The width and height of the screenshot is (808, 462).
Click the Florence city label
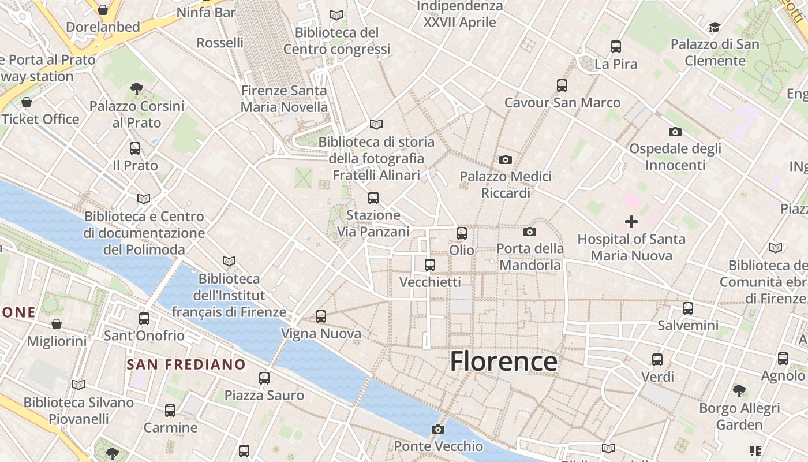(x=503, y=362)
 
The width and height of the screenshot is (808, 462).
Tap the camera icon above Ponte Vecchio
(x=438, y=429)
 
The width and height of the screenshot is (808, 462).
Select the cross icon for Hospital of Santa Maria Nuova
(x=631, y=221)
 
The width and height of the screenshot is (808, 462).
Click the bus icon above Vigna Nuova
(x=321, y=316)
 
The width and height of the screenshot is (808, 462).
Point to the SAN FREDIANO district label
(x=186, y=364)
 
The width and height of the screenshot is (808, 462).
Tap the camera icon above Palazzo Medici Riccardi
(x=506, y=159)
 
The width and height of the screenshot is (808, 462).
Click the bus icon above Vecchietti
(x=430, y=265)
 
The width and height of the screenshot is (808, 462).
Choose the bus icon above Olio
(x=462, y=233)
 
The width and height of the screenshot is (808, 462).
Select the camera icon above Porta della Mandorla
(x=530, y=232)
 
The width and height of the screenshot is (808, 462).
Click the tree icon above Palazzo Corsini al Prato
(x=137, y=89)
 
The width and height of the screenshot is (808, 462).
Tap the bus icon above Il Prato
(x=135, y=148)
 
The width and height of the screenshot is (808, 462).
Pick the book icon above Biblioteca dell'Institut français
(x=229, y=262)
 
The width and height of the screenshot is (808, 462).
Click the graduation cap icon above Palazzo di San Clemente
(x=715, y=27)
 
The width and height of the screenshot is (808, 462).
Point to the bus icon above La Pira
(x=616, y=47)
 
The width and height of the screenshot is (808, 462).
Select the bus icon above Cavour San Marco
(x=562, y=85)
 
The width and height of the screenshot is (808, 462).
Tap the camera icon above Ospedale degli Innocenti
(x=675, y=132)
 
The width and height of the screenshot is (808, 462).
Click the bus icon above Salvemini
(x=688, y=308)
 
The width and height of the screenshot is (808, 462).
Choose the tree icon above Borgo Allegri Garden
(x=739, y=391)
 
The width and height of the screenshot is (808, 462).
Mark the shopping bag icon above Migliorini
(x=57, y=324)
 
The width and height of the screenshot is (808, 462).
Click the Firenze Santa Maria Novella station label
(x=284, y=99)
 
